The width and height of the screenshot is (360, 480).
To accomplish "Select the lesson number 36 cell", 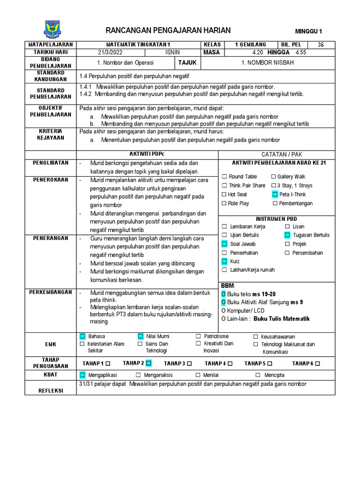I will [x=321, y=45].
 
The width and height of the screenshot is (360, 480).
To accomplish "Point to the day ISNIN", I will [x=172, y=52].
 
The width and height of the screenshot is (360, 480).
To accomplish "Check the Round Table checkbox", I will [x=224, y=177].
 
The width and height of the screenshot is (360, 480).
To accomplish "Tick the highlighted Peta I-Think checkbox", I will [x=275, y=195].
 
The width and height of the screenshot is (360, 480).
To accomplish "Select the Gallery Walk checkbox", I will [x=273, y=177].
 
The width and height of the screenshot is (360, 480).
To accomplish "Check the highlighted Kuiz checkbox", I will [x=224, y=261].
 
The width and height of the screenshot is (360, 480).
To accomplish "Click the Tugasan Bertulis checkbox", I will [x=287, y=235].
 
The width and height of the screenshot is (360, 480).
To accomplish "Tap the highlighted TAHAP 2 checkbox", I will [x=149, y=363].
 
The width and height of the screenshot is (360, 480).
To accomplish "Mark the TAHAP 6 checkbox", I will [x=318, y=364].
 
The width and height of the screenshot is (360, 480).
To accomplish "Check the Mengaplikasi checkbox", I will [x=82, y=375].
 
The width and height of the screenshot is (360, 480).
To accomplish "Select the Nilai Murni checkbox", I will [x=140, y=337].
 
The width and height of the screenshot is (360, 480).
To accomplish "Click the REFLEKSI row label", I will [x=51, y=390].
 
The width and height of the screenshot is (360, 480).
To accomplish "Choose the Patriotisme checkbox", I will [x=198, y=337].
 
